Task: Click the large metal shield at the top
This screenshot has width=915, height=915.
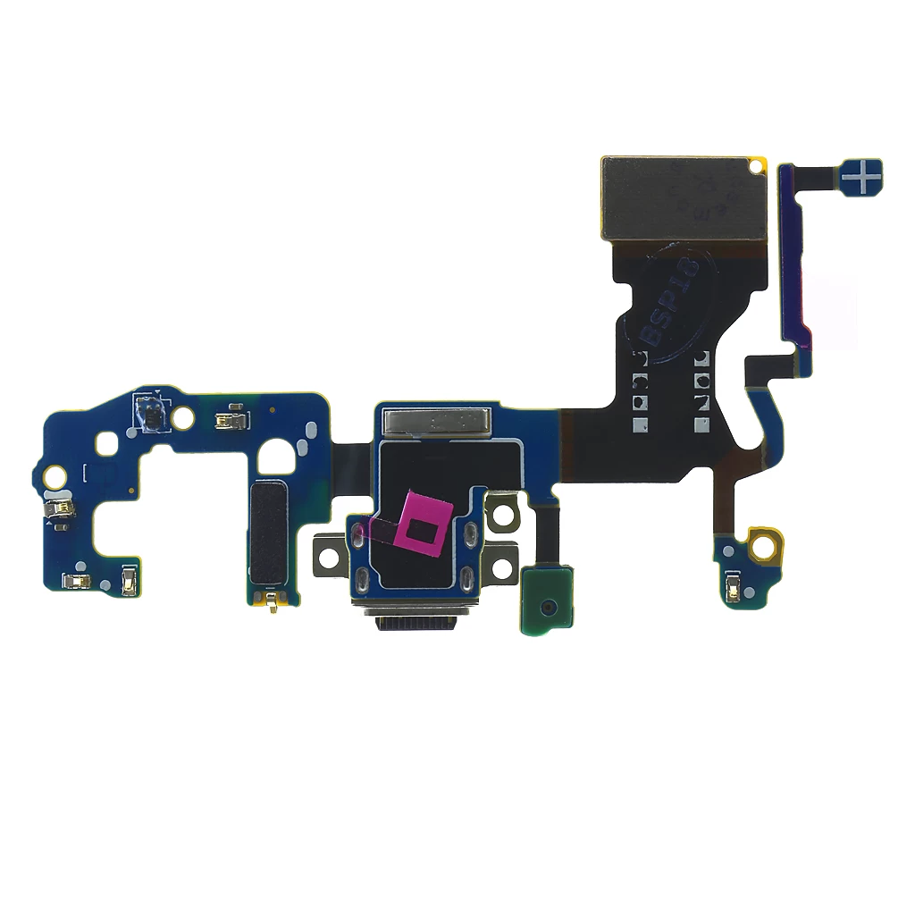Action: [x=684, y=198]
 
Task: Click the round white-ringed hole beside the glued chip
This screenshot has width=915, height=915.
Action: [x=184, y=416]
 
